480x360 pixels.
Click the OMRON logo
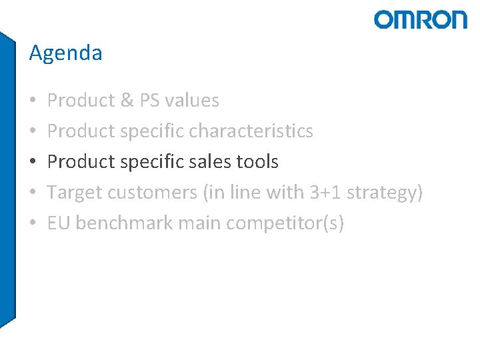click(x=421, y=19)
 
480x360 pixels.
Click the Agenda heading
click(x=65, y=53)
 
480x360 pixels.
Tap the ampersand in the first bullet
click(x=127, y=101)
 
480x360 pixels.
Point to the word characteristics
click(x=251, y=131)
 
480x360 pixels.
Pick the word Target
click(x=75, y=193)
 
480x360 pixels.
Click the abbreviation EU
click(x=59, y=223)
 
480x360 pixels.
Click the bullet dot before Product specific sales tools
click(x=33, y=162)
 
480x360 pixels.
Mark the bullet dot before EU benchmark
click(x=33, y=223)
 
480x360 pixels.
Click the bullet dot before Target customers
click(x=33, y=193)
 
